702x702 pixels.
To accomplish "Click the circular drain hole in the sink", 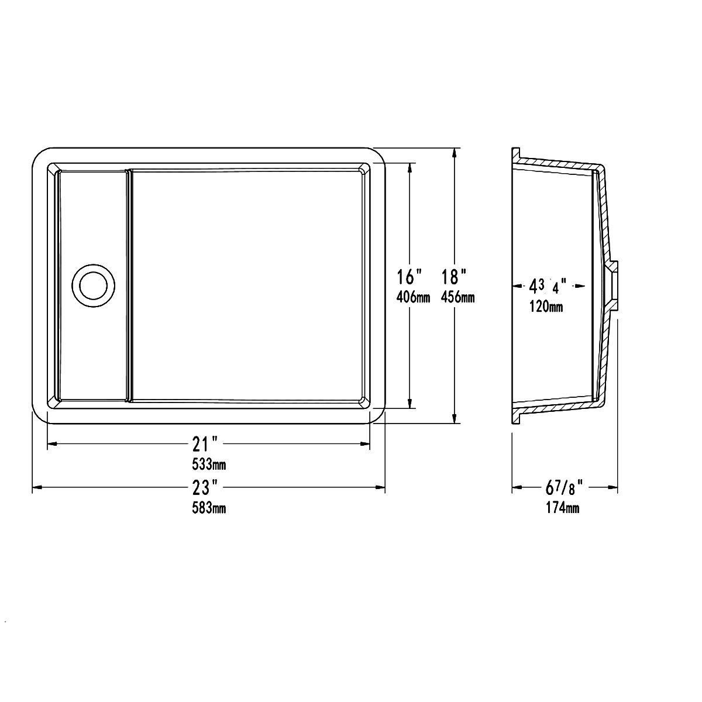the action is (93, 285).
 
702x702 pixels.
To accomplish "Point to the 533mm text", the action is (209, 464).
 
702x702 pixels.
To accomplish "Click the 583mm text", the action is (209, 508).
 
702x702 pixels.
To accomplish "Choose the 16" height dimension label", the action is (410, 277).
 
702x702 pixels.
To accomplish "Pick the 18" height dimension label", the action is (455, 277).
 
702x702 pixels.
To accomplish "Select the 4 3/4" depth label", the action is (548, 286).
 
